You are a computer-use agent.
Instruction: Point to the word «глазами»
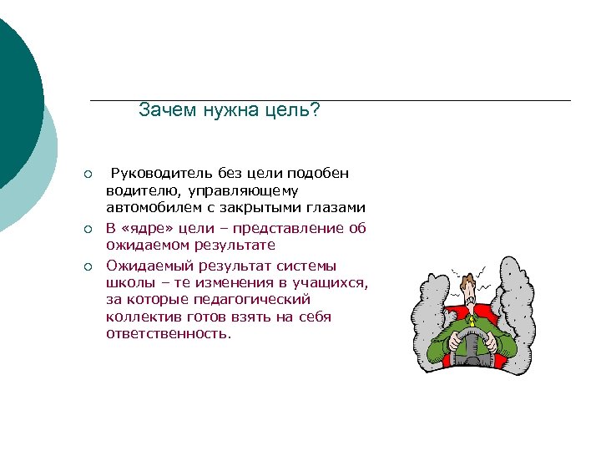[x=334, y=207]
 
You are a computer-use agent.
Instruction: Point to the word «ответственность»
[x=167, y=333]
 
